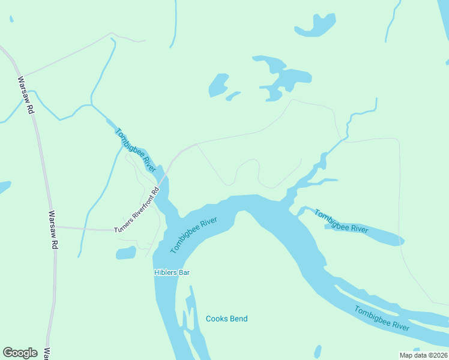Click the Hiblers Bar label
(x=172, y=272)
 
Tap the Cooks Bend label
(x=226, y=319)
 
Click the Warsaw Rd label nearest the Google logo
(x=53, y=230)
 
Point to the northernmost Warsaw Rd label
(x=26, y=96)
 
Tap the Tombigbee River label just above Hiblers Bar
(x=193, y=235)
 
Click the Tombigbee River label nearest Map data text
(x=381, y=319)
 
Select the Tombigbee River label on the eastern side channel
(x=341, y=221)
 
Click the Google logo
(x=20, y=353)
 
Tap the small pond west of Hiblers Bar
(x=126, y=253)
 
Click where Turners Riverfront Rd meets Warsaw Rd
(x=52, y=227)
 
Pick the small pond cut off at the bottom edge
(x=317, y=352)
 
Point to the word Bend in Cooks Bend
(x=238, y=319)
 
